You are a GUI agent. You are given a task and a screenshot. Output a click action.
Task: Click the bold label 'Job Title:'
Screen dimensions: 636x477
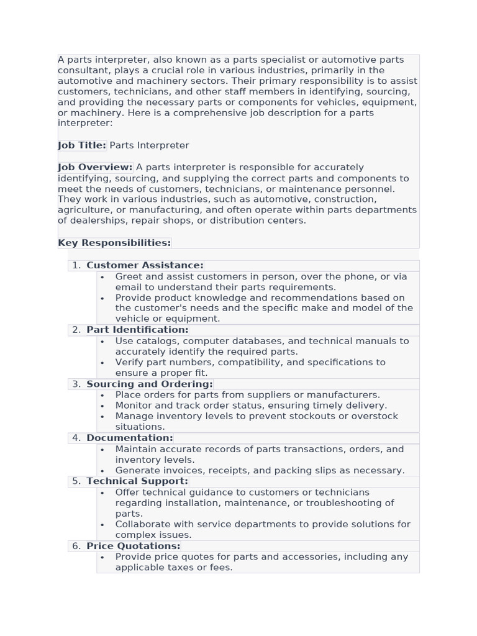[82, 145]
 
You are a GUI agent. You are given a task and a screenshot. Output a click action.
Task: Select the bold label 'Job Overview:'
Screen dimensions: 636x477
[95, 167]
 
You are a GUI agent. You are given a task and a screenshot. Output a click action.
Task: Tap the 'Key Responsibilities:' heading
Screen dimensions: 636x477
[114, 243]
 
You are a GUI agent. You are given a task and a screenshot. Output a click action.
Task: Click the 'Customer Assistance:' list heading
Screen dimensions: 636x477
[145, 265]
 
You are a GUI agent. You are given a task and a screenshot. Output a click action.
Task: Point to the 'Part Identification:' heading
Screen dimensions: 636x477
[137, 330]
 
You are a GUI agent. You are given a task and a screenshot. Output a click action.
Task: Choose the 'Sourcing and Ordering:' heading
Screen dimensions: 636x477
[150, 384]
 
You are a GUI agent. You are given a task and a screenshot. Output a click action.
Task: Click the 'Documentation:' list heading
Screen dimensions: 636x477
[130, 438]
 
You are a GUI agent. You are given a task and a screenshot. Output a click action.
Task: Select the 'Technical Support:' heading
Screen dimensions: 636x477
[137, 481]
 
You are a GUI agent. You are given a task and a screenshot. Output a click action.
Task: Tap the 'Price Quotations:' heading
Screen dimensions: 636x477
[134, 546]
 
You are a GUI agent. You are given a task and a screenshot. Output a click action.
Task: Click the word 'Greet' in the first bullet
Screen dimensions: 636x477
[129, 276]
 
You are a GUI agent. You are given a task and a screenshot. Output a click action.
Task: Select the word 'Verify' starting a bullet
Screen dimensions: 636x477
[129, 362]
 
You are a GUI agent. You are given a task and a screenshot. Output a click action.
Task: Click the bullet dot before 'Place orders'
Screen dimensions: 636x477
[102, 396]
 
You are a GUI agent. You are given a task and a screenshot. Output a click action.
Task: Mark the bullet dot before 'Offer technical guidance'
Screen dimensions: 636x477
[102, 493]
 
